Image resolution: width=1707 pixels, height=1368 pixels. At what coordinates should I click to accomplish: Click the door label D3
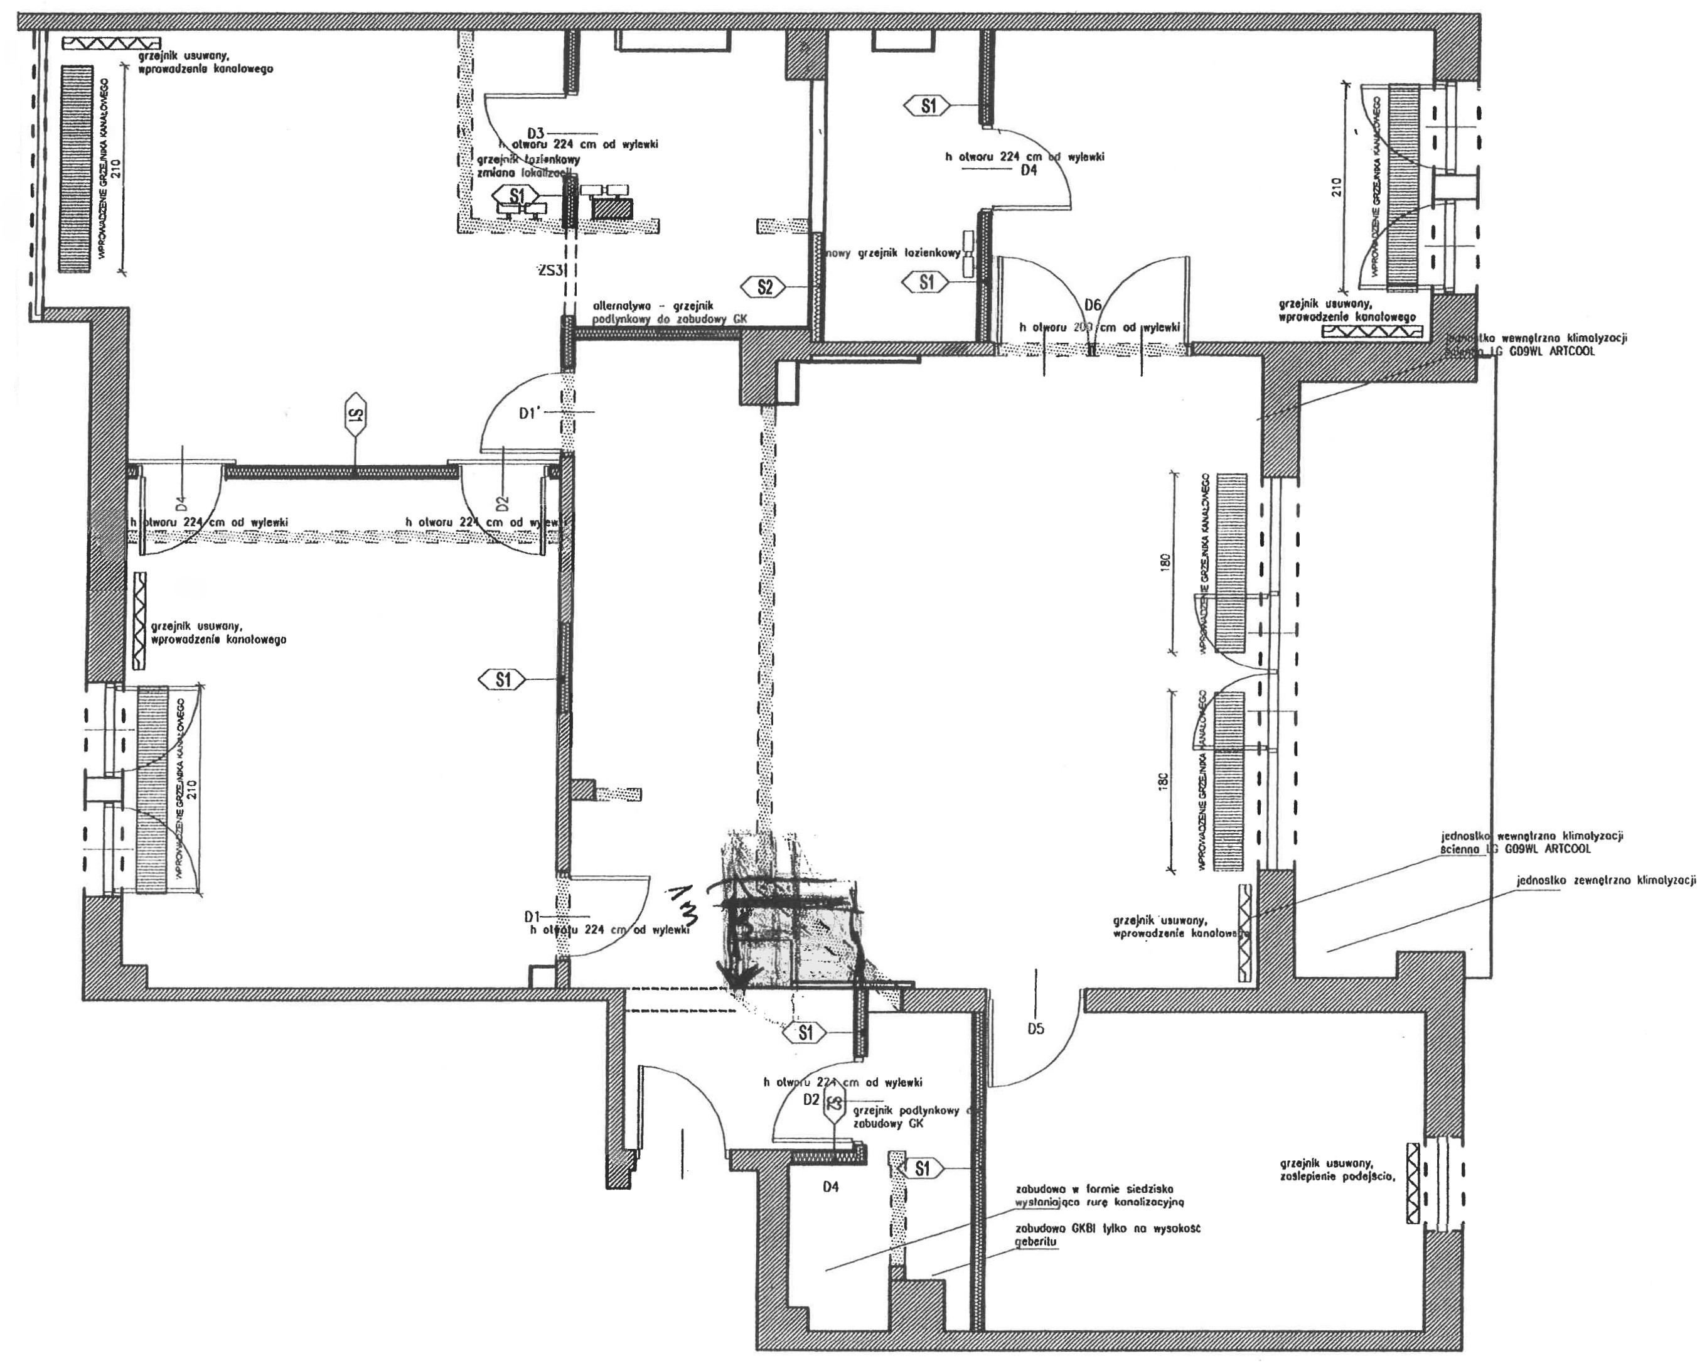click(536, 132)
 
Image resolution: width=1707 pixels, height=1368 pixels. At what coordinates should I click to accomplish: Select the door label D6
click(1093, 305)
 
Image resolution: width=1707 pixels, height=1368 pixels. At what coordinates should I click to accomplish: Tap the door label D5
click(1035, 1029)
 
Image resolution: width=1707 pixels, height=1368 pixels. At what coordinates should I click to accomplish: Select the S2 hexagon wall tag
click(764, 288)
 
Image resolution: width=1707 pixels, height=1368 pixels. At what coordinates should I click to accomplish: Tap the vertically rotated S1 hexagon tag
click(355, 414)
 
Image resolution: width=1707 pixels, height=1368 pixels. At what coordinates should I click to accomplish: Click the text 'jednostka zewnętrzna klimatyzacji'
click(1607, 880)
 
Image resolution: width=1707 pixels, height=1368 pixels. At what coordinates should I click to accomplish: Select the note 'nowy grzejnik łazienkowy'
click(893, 254)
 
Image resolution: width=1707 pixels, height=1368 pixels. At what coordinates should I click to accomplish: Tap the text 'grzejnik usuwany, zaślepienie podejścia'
click(1337, 1170)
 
